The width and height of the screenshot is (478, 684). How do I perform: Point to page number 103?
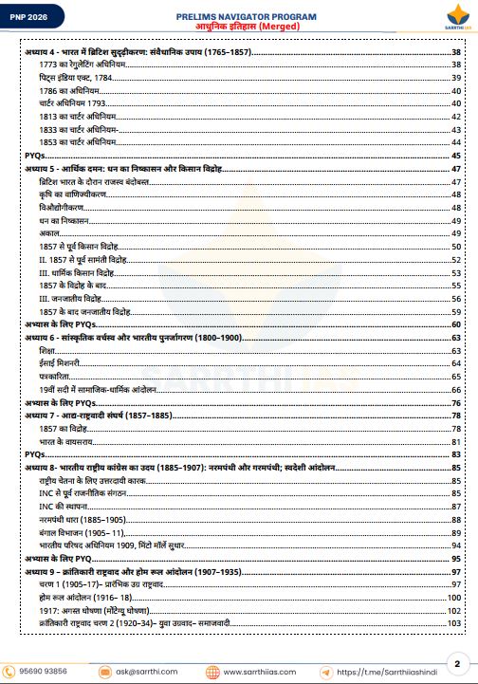pyautogui.click(x=454, y=624)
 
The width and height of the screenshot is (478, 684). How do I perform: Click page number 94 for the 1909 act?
pyautogui.click(x=456, y=546)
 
